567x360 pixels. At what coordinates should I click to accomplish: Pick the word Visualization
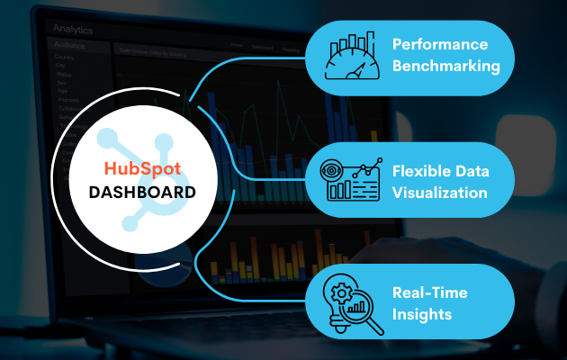tap(440, 193)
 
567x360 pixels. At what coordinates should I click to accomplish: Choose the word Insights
tap(421, 313)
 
